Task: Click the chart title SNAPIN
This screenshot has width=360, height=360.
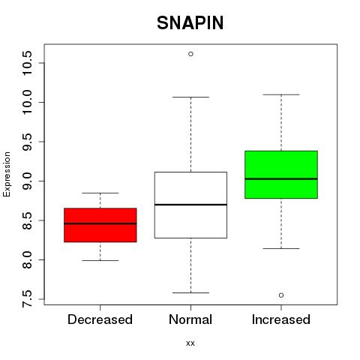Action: click(190, 23)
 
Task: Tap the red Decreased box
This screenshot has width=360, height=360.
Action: click(100, 225)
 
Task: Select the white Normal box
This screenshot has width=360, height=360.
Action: click(190, 205)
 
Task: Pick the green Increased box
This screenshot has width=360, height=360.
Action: click(281, 175)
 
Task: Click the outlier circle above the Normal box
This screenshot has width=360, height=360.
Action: click(190, 54)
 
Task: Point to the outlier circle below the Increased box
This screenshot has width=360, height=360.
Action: click(281, 295)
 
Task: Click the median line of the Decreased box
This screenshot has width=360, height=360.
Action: click(100, 223)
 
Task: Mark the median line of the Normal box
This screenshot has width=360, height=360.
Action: click(190, 205)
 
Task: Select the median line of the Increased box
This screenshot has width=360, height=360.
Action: click(281, 178)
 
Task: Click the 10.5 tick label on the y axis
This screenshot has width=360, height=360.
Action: click(27, 63)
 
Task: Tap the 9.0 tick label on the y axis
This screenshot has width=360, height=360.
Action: click(27, 181)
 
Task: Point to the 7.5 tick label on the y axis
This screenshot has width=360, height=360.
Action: click(27, 298)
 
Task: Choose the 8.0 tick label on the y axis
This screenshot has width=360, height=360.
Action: click(27, 259)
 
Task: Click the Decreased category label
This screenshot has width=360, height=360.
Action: click(100, 319)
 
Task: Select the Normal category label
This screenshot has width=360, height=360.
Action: click(190, 319)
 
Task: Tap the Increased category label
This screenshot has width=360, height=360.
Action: click(281, 319)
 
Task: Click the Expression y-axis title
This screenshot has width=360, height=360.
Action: click(7, 174)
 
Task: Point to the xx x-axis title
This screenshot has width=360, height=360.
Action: click(190, 343)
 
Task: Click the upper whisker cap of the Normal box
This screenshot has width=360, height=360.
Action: click(190, 97)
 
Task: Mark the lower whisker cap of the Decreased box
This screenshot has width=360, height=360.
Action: click(100, 260)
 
